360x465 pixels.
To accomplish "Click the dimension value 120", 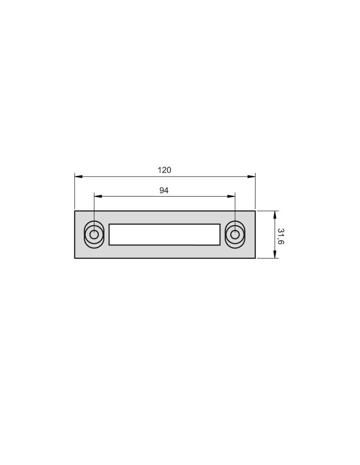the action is (x=164, y=170).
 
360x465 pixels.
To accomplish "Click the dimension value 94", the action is (x=164, y=190).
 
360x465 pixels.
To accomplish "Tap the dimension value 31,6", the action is (x=281, y=236).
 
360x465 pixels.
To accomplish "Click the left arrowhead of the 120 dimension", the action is (x=79, y=177).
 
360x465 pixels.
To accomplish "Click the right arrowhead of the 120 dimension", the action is (x=251, y=177).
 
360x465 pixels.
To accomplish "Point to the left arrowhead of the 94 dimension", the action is (x=98, y=196).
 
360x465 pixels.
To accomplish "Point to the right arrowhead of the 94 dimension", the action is (x=231, y=196).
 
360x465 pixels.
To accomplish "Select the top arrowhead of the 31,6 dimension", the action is (x=275, y=215).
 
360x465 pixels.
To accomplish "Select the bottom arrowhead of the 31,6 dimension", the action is (x=275, y=254).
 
